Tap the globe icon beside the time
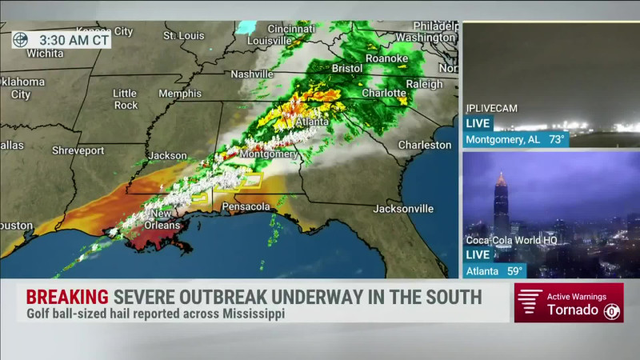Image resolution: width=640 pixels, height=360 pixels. point(21,40)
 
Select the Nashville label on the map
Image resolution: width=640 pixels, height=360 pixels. point(252,74)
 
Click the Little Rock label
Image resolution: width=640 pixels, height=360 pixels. point(125,98)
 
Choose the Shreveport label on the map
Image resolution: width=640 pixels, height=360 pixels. point(78,150)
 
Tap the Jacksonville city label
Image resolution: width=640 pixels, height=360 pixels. point(403,209)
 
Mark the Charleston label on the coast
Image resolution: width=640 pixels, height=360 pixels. point(425,145)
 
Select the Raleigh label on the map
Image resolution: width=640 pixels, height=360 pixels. point(424,84)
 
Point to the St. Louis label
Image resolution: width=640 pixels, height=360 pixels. point(185,35)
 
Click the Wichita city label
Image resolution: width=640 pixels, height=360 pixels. point(45,53)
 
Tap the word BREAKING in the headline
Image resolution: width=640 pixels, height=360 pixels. point(67,297)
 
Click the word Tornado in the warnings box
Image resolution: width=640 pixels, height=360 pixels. point(572,310)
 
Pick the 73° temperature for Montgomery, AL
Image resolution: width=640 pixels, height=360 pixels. point(556,139)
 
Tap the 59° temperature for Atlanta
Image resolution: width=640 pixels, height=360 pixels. point(516,270)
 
